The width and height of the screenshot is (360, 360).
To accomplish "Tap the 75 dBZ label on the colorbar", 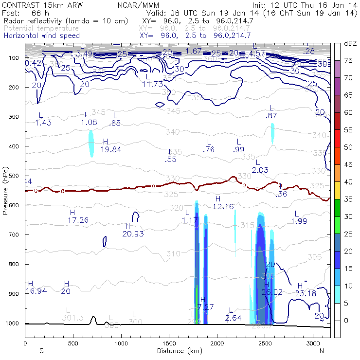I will point(348,61).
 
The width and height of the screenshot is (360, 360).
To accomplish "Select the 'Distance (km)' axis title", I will point(178,350).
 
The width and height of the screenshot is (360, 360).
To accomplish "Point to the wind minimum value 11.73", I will point(152,84).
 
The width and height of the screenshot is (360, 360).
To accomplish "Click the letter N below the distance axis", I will point(322,350).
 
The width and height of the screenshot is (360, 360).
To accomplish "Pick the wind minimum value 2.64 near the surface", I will point(234,318).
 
